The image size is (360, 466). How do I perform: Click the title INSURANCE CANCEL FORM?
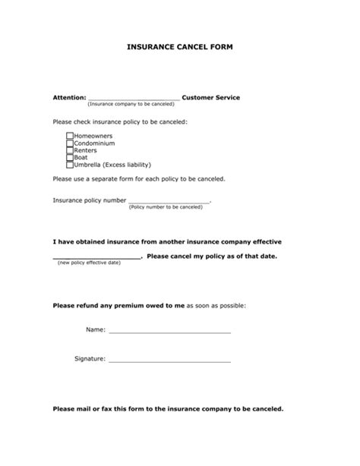pyautogui.click(x=179, y=47)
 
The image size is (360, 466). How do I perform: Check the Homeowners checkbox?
pyautogui.click(x=70, y=135)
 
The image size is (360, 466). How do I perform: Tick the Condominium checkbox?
pyautogui.click(x=70, y=143)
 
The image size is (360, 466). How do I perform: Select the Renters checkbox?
pyautogui.click(x=70, y=150)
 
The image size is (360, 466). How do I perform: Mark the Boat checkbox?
pyautogui.click(x=70, y=157)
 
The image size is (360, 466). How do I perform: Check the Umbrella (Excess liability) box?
pyautogui.click(x=70, y=165)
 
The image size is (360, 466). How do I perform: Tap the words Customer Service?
pyautogui.click(x=211, y=98)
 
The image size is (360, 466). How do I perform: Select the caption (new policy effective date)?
pyautogui.click(x=89, y=263)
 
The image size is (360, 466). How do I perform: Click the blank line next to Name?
pyautogui.click(x=169, y=332)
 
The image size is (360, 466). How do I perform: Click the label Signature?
pyautogui.click(x=90, y=358)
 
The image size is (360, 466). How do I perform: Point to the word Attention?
pyautogui.click(x=69, y=98)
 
